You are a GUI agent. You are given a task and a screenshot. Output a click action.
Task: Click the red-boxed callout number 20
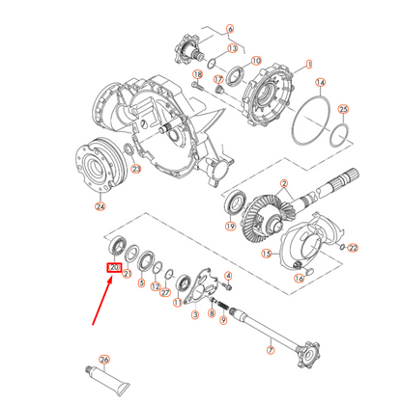pyautogui.click(x=114, y=267)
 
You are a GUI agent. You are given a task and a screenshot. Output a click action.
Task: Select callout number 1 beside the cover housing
pyautogui.click(x=309, y=65)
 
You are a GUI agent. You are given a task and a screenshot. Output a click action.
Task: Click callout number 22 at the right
pyautogui.click(x=353, y=248)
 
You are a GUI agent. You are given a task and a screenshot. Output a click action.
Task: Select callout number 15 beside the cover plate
pyautogui.click(x=268, y=255)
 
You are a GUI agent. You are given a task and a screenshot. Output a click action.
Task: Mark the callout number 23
pyautogui.click(x=136, y=169)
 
